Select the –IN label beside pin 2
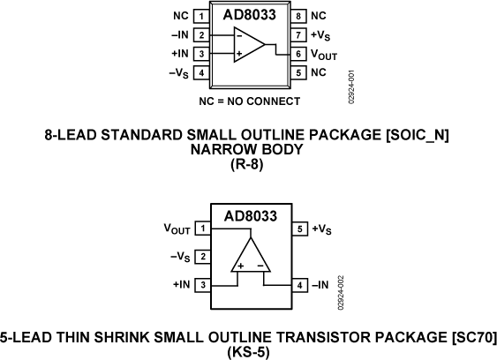(x=179, y=35)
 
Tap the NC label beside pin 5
(x=318, y=72)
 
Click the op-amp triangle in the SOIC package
(x=249, y=45)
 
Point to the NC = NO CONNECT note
(x=248, y=101)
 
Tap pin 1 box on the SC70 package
(x=203, y=229)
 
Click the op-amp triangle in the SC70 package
(x=250, y=256)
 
